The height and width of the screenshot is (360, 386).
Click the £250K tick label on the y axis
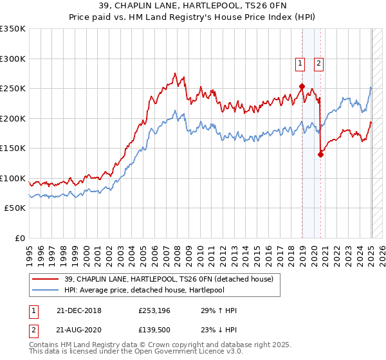coord(13,89)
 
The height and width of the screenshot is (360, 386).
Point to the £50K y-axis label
coord(15,208)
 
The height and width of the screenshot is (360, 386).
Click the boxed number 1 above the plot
coord(300,63)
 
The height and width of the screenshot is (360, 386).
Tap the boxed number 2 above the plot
coord(318,63)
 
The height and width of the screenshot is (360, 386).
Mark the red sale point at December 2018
coord(302,86)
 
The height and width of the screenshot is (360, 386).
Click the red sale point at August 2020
coord(320,154)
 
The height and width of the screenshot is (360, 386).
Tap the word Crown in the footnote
coord(146,345)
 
